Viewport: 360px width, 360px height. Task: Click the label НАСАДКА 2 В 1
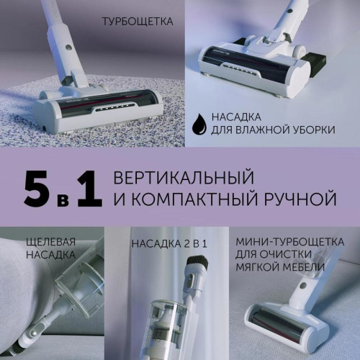(x=169, y=243)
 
